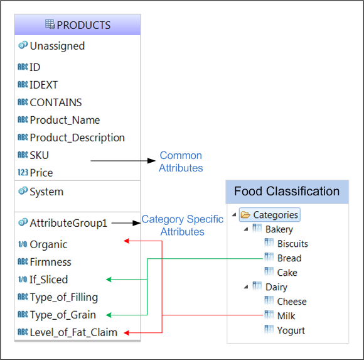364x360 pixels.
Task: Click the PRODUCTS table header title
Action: click(83, 25)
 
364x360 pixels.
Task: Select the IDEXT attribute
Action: click(44, 85)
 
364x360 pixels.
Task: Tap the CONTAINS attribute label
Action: click(56, 102)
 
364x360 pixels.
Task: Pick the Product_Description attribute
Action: click(77, 138)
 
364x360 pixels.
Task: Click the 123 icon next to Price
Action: click(23, 172)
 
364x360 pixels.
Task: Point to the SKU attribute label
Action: click(40, 155)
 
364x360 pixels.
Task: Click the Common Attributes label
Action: click(181, 161)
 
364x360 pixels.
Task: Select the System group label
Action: click(46, 192)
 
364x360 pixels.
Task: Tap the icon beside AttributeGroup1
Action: click(23, 222)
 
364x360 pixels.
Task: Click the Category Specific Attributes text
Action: click(183, 226)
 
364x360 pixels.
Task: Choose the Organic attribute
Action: click(48, 244)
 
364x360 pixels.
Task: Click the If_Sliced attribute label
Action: click(48, 280)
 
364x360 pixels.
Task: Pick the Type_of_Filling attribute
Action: click(64, 297)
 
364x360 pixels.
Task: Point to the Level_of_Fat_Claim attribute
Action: click(73, 332)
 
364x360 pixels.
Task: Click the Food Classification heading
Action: click(287, 191)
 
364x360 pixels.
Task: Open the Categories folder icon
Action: click(245, 215)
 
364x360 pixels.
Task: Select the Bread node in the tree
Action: click(289, 258)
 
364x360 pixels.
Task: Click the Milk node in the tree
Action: click(286, 316)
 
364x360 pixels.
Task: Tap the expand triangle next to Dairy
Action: click(246, 287)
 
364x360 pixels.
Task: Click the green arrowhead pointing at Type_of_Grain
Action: click(109, 315)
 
